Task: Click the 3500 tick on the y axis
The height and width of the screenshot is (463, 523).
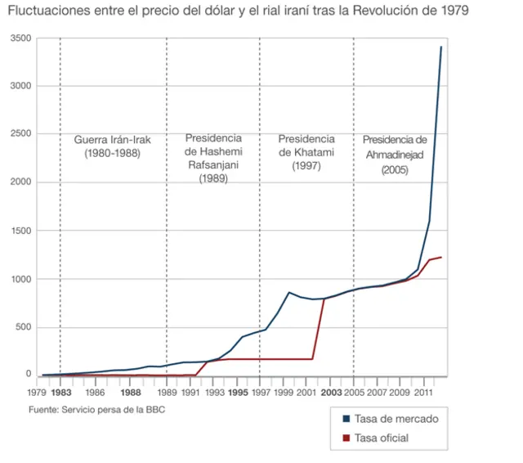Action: click(x=22, y=38)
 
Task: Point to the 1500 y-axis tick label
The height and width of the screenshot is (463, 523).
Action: click(x=22, y=231)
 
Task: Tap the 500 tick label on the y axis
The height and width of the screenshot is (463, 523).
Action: click(x=25, y=327)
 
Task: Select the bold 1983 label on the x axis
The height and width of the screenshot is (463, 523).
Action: click(x=60, y=392)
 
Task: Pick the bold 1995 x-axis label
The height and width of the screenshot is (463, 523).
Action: click(x=238, y=392)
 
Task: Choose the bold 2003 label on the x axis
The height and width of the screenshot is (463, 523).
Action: click(x=331, y=392)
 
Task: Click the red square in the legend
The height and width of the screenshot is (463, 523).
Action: click(x=347, y=438)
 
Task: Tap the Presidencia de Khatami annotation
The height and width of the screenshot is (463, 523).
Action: click(x=306, y=152)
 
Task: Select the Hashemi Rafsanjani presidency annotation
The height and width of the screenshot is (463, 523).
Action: click(x=213, y=158)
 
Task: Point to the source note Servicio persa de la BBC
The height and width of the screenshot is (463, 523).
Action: click(x=96, y=409)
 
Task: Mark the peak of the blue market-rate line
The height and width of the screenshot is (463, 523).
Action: click(x=441, y=47)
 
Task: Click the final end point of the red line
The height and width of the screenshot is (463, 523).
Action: click(x=441, y=258)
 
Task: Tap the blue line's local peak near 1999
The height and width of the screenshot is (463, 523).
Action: click(x=289, y=292)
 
